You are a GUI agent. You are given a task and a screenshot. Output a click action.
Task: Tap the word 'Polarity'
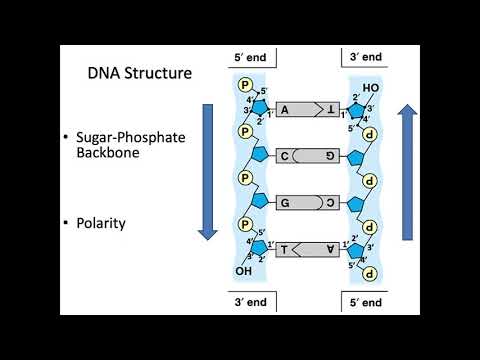point(121,222)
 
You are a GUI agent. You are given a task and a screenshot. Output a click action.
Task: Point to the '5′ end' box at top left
point(250,58)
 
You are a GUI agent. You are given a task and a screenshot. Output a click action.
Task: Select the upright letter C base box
point(286,156)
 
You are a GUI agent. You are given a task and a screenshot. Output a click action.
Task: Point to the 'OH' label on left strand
point(243,271)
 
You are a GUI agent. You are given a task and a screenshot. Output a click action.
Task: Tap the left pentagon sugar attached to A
point(260,107)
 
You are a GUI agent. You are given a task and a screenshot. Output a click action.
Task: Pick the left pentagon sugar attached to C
point(260,156)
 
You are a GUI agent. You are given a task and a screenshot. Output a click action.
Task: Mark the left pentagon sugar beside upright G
point(260,201)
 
